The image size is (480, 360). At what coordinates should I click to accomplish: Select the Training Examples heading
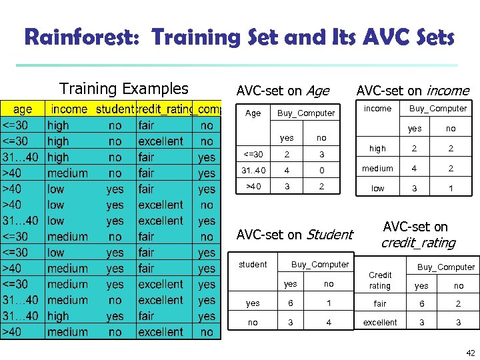tap(124, 89)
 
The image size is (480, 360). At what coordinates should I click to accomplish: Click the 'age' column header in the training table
tap(23, 109)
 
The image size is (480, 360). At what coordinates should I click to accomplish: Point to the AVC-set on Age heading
tap(283, 91)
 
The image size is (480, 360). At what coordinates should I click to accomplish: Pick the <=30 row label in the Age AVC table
tap(253, 155)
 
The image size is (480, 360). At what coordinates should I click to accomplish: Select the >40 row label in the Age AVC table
tap(253, 186)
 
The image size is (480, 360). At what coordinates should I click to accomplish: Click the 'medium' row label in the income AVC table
tap(377, 169)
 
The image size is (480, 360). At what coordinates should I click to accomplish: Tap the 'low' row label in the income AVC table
tap(378, 189)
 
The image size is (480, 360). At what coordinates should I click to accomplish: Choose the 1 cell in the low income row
tap(451, 189)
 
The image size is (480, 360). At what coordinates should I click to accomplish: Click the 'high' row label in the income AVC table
tap(377, 149)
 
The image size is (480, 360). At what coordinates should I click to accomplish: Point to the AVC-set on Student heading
tap(295, 234)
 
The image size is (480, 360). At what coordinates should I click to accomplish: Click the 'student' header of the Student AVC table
tap(253, 265)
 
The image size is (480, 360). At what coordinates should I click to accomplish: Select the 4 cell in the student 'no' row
tap(329, 322)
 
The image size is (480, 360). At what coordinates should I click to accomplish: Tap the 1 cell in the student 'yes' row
tap(329, 303)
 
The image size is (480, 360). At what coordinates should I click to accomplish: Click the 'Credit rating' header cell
tap(380, 280)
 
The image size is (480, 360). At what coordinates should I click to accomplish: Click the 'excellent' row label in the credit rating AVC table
tap(380, 322)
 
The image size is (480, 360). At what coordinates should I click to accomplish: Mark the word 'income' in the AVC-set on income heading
tap(447, 91)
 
